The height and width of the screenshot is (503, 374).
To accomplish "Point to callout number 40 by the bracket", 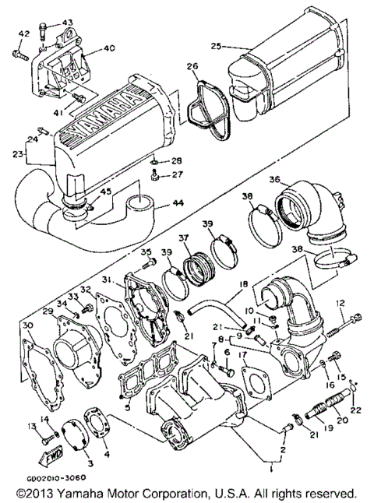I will (x=108, y=48).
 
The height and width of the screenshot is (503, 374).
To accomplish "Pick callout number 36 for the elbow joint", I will (x=274, y=179).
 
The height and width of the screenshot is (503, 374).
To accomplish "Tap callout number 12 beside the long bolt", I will (x=340, y=302).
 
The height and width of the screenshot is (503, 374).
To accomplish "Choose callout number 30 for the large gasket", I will (x=27, y=325).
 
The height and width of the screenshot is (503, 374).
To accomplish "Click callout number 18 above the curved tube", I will (x=243, y=285).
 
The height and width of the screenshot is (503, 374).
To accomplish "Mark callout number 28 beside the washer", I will (x=177, y=160).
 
